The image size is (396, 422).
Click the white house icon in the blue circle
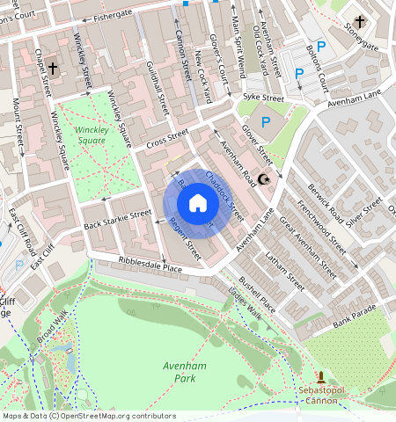pos(198,203)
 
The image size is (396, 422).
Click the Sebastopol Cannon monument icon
pos(320,376)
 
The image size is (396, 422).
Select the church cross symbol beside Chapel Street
pos(53,68)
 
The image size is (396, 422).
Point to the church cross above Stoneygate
pos(361,22)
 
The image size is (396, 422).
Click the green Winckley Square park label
pos(90,135)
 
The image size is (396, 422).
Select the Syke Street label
pos(264,98)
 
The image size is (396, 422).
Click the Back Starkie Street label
pos(116,220)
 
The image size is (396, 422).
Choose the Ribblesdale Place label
pos(150,266)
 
